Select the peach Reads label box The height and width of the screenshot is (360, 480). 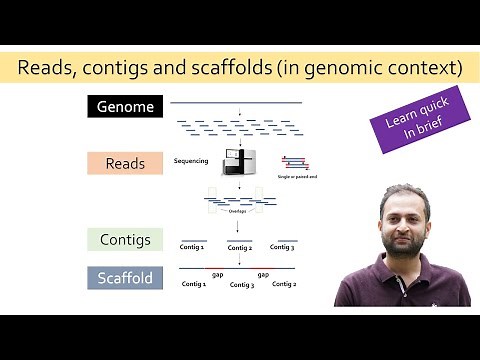tap(126, 163)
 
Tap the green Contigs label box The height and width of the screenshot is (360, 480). tap(126, 240)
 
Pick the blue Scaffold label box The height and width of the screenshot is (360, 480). tap(126, 277)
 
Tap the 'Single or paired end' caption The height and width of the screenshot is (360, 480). tap(298, 175)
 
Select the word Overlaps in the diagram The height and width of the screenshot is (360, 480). tap(236, 212)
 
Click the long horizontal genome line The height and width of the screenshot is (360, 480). tap(236, 102)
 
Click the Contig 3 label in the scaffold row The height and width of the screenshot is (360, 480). tap(241, 285)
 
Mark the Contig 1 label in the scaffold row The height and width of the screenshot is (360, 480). tap(193, 284)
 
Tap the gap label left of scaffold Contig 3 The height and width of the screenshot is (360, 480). tap(217, 273)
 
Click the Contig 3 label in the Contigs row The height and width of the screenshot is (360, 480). tap(284, 246)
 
